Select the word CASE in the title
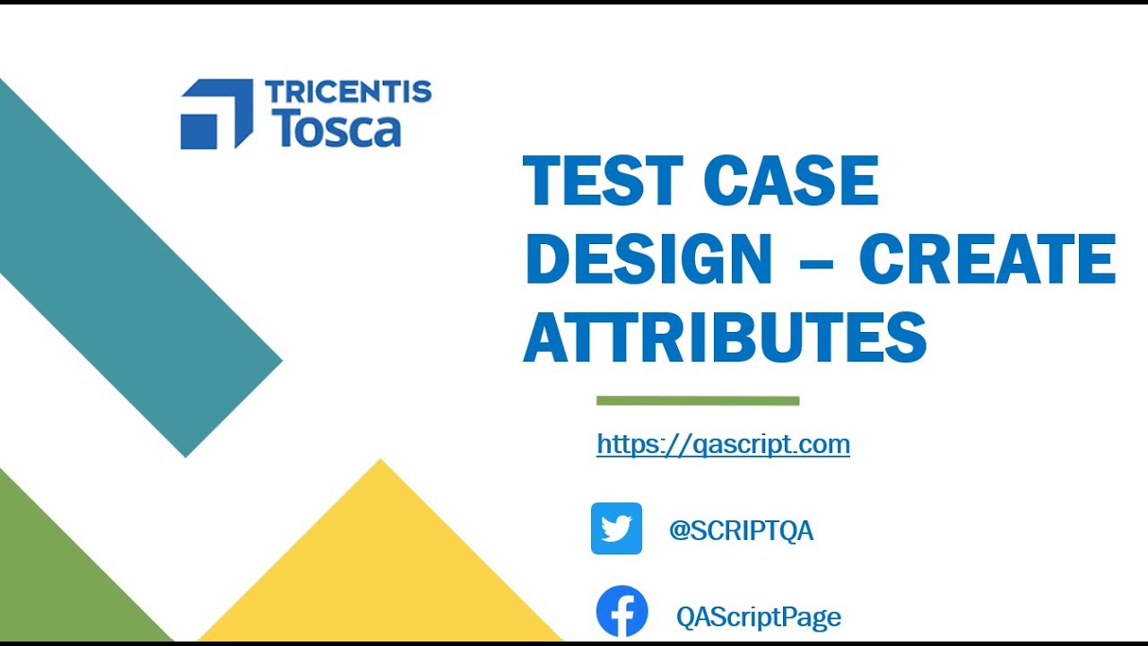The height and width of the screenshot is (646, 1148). click(791, 182)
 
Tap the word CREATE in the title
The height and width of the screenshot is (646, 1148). click(987, 259)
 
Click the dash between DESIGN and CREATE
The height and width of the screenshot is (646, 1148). click(815, 261)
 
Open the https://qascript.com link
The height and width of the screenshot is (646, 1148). click(723, 444)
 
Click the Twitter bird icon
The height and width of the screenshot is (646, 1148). click(616, 528)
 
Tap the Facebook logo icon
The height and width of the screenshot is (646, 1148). click(622, 612)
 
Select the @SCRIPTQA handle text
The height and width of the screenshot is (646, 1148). click(741, 531)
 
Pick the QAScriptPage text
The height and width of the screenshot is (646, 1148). click(759, 617)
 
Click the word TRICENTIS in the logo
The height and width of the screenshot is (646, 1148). click(348, 92)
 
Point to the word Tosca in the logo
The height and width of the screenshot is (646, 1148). click(335, 128)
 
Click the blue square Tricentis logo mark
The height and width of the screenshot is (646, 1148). click(216, 114)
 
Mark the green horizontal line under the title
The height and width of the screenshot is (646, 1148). click(698, 401)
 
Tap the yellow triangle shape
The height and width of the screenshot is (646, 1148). click(381, 565)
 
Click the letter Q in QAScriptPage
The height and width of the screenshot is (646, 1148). click(687, 617)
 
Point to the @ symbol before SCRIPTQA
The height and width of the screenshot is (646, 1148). click(679, 531)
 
